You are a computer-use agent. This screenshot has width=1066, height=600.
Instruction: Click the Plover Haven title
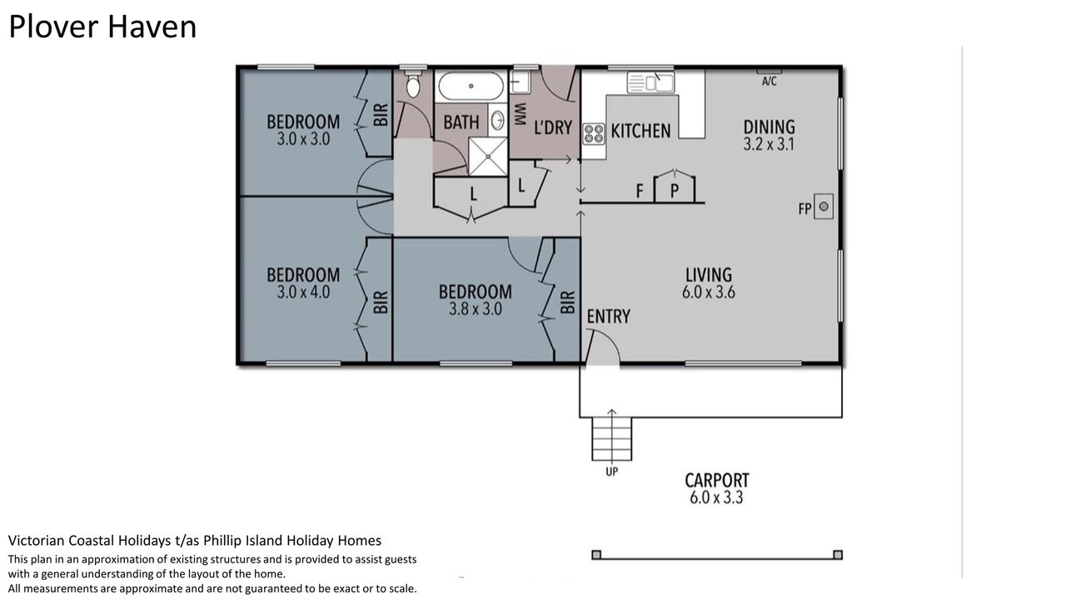[102, 27]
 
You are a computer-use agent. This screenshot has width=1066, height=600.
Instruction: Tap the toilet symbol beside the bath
[412, 85]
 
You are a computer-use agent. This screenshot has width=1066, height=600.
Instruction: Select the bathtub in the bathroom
[471, 86]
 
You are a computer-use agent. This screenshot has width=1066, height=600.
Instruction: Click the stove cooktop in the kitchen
[594, 134]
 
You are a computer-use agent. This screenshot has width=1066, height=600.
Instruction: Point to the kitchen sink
[650, 82]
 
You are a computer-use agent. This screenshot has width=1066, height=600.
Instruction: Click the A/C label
[769, 82]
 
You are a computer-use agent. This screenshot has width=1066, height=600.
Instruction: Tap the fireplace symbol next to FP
[824, 206]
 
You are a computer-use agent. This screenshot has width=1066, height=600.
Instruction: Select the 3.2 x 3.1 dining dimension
[769, 144]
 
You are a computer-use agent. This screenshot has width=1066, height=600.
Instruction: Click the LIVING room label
[709, 275]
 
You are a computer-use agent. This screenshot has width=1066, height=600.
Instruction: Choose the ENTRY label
[608, 316]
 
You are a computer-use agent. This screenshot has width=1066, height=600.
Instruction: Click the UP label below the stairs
[611, 472]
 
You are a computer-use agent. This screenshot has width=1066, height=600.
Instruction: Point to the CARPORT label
[717, 480]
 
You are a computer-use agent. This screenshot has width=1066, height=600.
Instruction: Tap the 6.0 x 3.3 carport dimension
[716, 497]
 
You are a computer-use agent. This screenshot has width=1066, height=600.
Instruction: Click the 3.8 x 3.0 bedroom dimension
[476, 309]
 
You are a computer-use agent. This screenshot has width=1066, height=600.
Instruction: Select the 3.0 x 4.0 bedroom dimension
[303, 292]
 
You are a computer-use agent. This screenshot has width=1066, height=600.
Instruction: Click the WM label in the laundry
[521, 114]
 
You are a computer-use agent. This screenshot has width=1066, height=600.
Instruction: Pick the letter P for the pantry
[675, 191]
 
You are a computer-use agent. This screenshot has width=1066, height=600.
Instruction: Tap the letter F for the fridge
[640, 191]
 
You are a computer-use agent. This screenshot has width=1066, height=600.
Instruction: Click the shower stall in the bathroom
[488, 157]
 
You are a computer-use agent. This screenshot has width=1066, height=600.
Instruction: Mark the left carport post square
[596, 555]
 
